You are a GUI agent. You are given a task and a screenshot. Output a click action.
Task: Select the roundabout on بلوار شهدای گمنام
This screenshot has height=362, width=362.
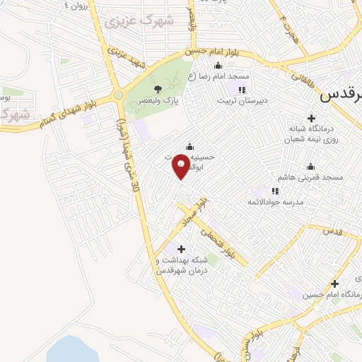coord(118,95)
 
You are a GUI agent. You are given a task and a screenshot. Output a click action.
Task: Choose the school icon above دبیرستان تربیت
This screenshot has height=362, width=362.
coord(242,90)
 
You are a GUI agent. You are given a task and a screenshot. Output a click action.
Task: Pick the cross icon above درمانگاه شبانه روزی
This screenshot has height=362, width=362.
coord(311,117)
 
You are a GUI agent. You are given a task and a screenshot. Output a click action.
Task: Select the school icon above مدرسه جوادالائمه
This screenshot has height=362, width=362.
coord(275,190)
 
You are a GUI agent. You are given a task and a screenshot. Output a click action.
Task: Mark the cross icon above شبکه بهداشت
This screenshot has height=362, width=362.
coord(182,249)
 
